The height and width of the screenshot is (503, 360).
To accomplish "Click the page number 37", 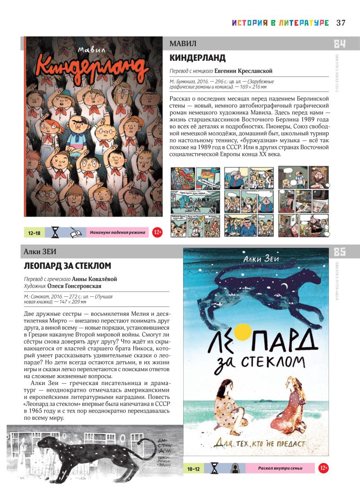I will click(341, 23).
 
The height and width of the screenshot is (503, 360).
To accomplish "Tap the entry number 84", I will click(340, 44).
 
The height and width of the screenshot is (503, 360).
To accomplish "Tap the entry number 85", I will click(340, 252).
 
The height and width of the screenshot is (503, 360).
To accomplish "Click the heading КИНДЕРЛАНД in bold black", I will click(198, 58).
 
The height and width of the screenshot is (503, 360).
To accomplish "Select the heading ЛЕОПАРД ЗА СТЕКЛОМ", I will click(67, 266).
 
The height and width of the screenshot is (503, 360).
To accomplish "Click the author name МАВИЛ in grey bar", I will click(183, 44).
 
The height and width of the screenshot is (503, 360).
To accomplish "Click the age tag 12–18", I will click(34, 233).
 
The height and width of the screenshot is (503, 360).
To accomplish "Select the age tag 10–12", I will click(193, 469).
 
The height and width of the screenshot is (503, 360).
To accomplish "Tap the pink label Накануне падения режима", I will click(117, 233).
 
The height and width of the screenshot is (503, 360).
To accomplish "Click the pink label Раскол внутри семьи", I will click(280, 469).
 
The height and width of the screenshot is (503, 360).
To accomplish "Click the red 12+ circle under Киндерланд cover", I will click(157, 233).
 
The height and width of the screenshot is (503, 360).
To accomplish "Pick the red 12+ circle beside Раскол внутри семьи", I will click(324, 469).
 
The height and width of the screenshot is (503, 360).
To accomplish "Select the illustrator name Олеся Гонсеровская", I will click(76, 286).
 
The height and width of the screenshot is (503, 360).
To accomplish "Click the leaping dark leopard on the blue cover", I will click(252, 288).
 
